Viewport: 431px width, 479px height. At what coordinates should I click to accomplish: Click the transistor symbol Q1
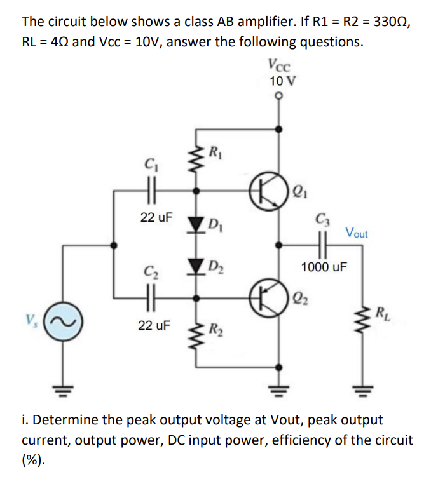click(266, 190)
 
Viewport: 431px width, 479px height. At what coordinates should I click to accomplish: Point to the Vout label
click(357, 233)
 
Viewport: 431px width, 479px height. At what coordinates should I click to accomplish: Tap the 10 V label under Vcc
click(278, 81)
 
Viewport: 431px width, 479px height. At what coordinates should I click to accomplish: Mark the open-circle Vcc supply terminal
click(278, 97)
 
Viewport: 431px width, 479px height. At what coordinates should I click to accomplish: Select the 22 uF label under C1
click(155, 218)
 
